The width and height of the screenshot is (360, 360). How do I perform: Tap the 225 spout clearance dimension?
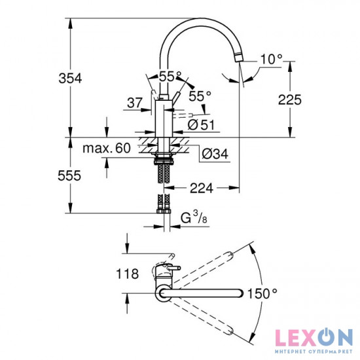pyautogui.click(x=289, y=99)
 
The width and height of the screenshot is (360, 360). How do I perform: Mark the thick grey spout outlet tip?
pyautogui.click(x=240, y=55)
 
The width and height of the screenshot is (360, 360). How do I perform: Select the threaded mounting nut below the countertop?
pyautogui.click(x=163, y=159)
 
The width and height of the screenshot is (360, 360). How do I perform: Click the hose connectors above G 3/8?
pyautogui.click(x=164, y=206)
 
